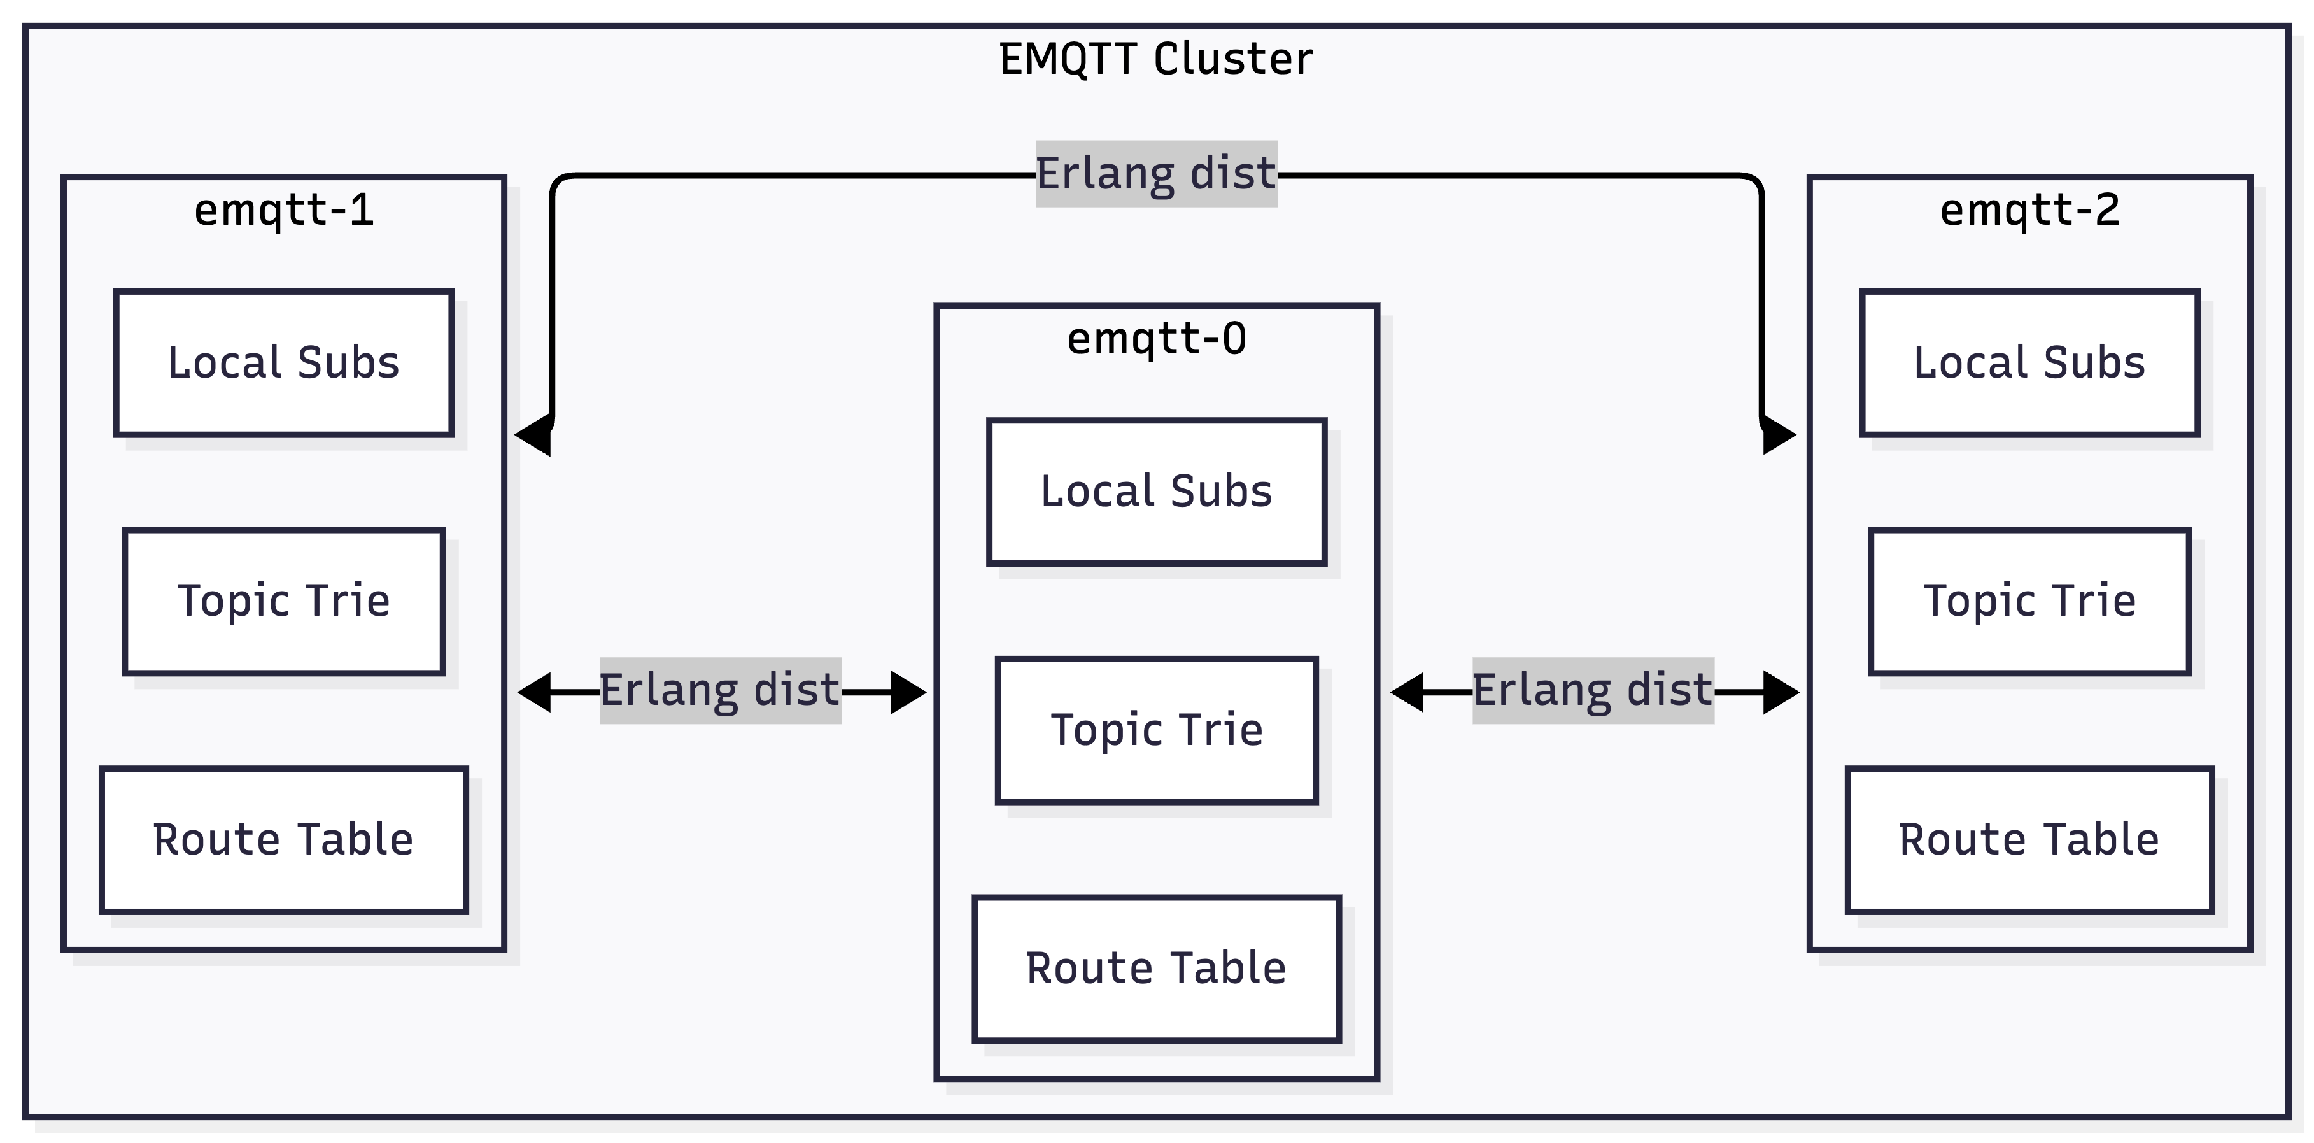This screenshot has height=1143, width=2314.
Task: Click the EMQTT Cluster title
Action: [x=1156, y=59]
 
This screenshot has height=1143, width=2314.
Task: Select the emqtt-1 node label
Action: [x=284, y=210]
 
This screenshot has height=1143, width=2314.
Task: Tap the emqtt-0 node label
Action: [x=1156, y=339]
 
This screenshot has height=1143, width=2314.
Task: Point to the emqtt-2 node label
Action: [x=2029, y=210]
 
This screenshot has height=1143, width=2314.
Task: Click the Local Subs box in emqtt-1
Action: [x=284, y=363]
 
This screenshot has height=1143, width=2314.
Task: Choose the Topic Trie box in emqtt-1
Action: [x=284, y=601]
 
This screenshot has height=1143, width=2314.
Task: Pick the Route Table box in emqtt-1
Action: [x=284, y=839]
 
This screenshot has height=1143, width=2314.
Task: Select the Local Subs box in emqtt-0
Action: [x=1156, y=492]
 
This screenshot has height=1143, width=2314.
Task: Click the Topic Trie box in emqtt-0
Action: [x=1156, y=730]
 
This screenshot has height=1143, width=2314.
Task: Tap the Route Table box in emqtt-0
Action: [x=1156, y=968]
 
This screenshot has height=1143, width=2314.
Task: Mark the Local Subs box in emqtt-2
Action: [x=2029, y=363]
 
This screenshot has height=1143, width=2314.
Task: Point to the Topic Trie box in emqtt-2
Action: [x=2029, y=601]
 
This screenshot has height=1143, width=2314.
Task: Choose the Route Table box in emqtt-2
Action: [x=2029, y=839]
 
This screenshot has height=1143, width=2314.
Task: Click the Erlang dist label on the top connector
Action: [x=1156, y=173]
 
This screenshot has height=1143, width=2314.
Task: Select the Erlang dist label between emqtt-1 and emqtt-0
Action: [x=719, y=690]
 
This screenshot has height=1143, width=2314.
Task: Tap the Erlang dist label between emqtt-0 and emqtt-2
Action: [x=1593, y=690]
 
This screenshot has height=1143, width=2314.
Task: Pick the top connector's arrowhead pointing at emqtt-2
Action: [x=1778, y=435]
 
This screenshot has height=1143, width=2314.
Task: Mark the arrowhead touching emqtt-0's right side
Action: [x=1407, y=692]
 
